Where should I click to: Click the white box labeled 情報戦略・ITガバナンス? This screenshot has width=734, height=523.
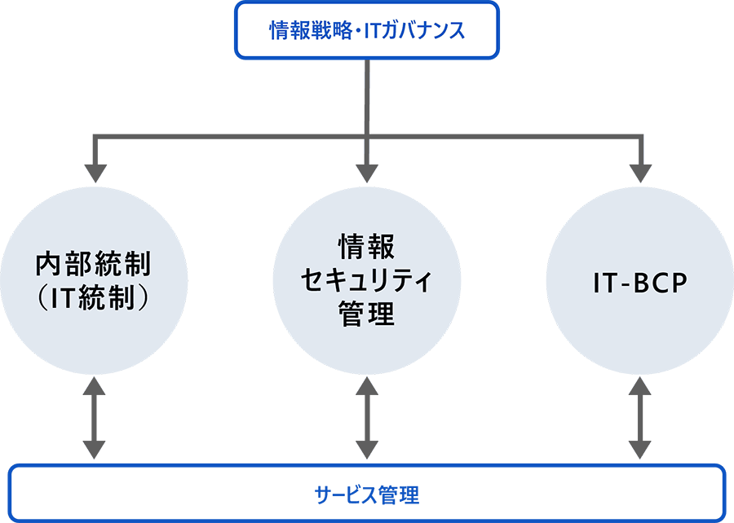coord(366,30)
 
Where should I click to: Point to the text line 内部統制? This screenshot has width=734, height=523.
coord(96,265)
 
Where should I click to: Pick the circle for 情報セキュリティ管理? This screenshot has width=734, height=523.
coord(366,281)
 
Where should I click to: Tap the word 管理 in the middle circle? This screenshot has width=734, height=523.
coord(366,313)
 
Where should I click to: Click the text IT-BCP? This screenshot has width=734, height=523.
coord(639,283)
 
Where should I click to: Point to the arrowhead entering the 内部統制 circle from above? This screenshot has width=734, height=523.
coord(96,173)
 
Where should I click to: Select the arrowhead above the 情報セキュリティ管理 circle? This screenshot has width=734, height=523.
coord(366,173)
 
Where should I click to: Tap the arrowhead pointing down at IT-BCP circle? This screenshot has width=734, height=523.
coord(639,173)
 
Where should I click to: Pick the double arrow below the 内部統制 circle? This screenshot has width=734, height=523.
coord(96,415)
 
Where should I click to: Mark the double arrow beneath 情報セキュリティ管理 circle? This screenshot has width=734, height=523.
coord(366,415)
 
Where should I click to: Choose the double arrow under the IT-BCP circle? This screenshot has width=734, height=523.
coord(639,415)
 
